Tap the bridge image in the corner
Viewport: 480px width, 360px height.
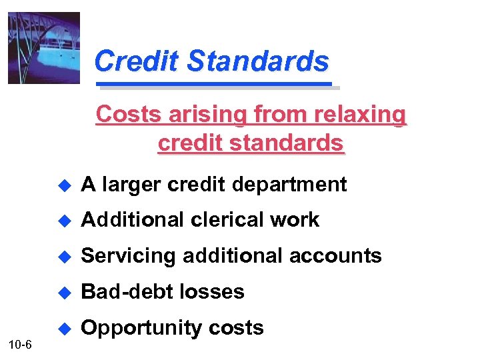[x=43, y=48]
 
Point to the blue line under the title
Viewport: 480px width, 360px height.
[x=215, y=85]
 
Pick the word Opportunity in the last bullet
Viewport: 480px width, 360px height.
[x=134, y=328]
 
